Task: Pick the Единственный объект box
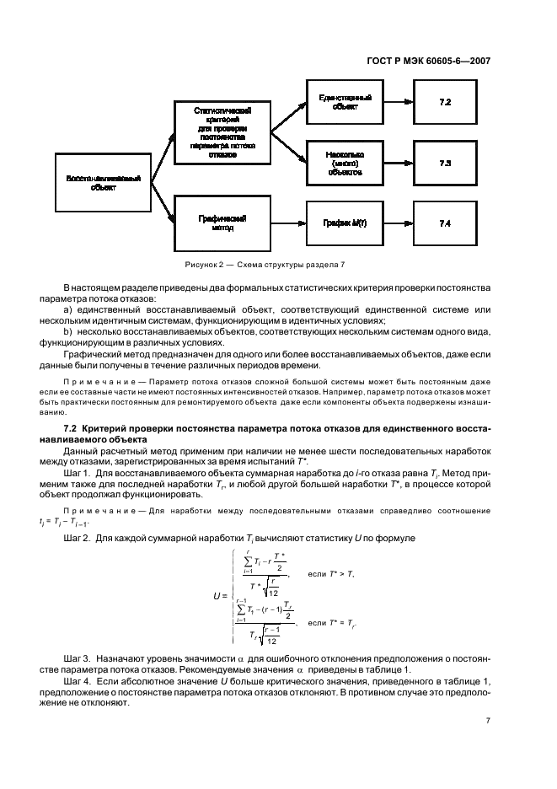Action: pyautogui.click(x=345, y=102)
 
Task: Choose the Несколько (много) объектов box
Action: pyautogui.click(x=345, y=164)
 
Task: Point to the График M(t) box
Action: pyautogui.click(x=345, y=223)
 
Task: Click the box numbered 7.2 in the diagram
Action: pyautogui.click(x=445, y=102)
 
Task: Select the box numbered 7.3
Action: pyautogui.click(x=445, y=164)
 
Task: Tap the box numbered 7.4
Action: pyautogui.click(x=445, y=223)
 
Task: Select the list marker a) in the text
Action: pyautogui.click(x=67, y=310)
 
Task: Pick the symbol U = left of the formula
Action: pyautogui.click(x=221, y=595)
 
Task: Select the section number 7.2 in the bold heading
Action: pyautogui.click(x=70, y=431)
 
